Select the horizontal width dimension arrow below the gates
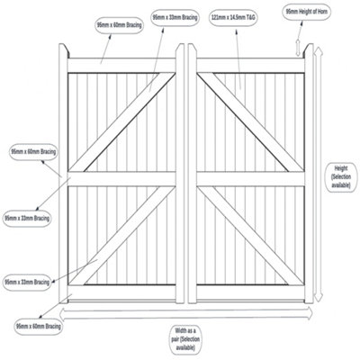coord(189,314)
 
